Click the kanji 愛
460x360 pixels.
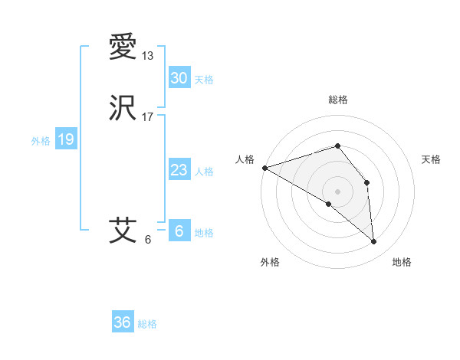click(123, 47)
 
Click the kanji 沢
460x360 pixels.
click(123, 108)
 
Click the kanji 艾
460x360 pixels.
click(123, 230)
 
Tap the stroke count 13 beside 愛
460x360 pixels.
click(148, 55)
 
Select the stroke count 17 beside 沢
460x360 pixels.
click(148, 116)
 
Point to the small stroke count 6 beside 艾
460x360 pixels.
click(148, 239)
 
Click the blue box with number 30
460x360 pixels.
click(179, 78)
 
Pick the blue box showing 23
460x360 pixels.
click(179, 170)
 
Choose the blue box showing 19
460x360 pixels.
click(65, 139)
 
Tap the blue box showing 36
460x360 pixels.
click(122, 322)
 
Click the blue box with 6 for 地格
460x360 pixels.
click(179, 231)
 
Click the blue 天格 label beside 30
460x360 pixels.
click(204, 80)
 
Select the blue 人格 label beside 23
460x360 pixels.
click(204, 172)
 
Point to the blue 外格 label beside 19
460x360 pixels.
click(41, 141)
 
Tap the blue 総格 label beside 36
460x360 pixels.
click(147, 324)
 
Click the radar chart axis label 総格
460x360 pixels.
click(337, 100)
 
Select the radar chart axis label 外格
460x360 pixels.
click(270, 262)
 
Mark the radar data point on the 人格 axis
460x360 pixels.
click(264, 168)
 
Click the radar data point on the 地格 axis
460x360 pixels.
click(373, 241)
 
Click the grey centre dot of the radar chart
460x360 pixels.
click(337, 191)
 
